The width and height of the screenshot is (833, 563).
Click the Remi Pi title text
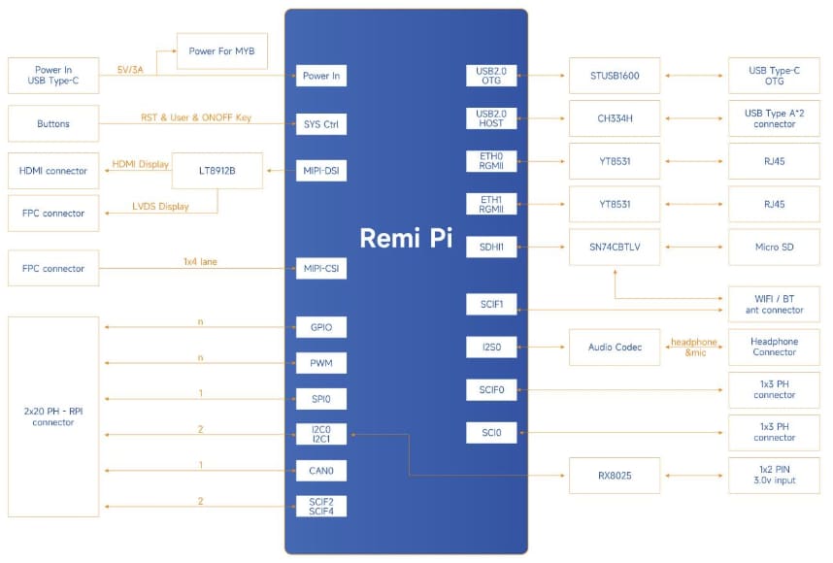tap(406, 239)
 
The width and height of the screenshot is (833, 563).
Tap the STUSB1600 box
tap(615, 76)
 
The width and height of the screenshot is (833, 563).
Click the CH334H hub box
tap(615, 118)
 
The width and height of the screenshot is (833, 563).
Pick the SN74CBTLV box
tap(615, 248)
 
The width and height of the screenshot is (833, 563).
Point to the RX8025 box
tap(615, 476)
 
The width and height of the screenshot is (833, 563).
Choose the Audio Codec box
tap(615, 348)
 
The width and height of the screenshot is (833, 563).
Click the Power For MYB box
tap(221, 50)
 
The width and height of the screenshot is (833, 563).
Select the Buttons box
tap(53, 124)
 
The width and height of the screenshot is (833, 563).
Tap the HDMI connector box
tap(53, 171)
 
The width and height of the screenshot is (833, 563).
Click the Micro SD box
tap(774, 248)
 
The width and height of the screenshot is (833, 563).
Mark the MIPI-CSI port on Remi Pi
tap(321, 269)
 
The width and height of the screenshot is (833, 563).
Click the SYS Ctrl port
tap(321, 124)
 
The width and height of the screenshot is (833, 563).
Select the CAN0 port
tap(321, 471)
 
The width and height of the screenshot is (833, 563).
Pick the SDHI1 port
tap(491, 248)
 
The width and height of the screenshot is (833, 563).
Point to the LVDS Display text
tap(160, 207)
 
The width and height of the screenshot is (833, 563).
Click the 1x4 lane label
tap(200, 261)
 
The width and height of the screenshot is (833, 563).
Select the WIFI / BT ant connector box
tap(774, 304)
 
